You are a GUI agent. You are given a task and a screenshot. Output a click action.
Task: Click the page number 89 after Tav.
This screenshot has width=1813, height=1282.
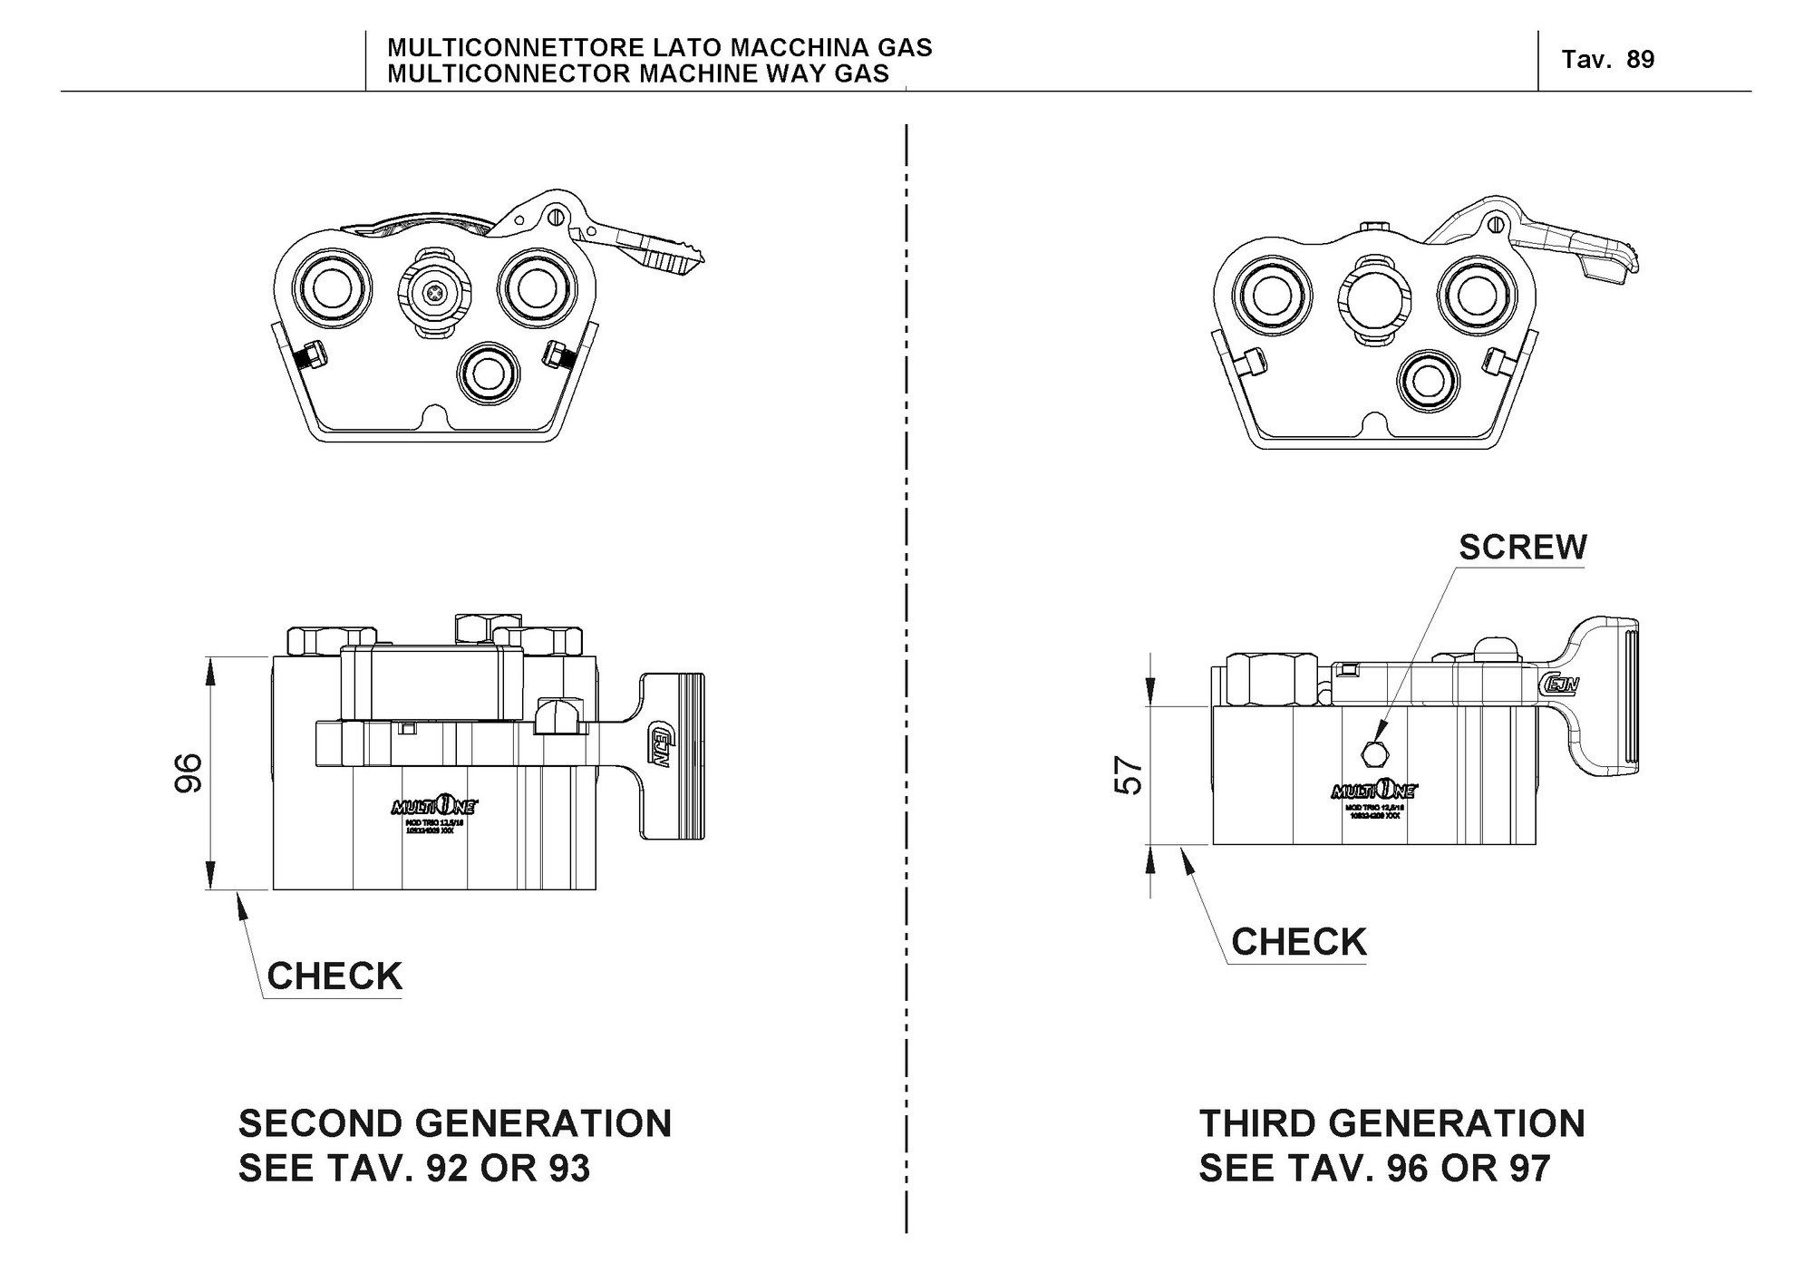[1641, 60]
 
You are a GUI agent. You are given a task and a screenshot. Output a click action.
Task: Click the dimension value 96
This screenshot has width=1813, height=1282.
[188, 772]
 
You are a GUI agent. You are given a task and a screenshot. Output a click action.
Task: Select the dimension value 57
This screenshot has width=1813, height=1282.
[1129, 775]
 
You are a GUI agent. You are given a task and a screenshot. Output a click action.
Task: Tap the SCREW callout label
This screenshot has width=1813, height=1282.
[1523, 547]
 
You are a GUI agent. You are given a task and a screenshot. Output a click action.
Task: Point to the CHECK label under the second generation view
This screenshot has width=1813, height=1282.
[334, 976]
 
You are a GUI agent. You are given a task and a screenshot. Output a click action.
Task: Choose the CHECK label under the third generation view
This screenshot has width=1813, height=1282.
[1298, 942]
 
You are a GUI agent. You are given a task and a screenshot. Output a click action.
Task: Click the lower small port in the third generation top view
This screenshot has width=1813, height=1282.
[1429, 379]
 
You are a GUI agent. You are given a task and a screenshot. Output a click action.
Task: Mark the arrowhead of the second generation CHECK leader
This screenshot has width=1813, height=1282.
[240, 900]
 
